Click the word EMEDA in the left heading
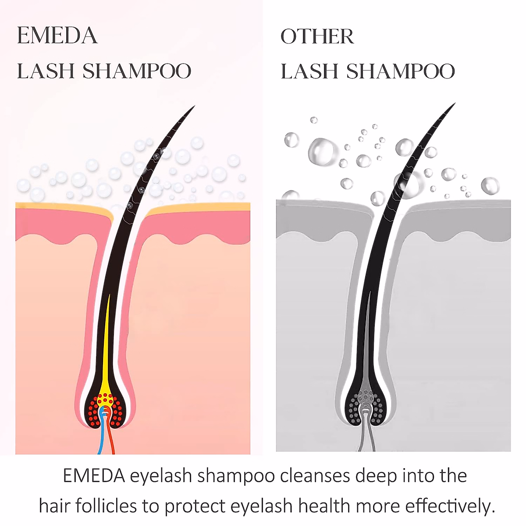[57, 36]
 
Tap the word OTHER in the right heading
[317, 37]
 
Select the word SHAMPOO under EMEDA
[137, 71]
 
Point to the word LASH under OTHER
[309, 71]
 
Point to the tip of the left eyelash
[193, 107]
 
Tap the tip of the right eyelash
[454, 104]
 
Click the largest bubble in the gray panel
[322, 152]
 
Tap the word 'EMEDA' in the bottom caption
[94, 476]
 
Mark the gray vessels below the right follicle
[367, 436]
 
